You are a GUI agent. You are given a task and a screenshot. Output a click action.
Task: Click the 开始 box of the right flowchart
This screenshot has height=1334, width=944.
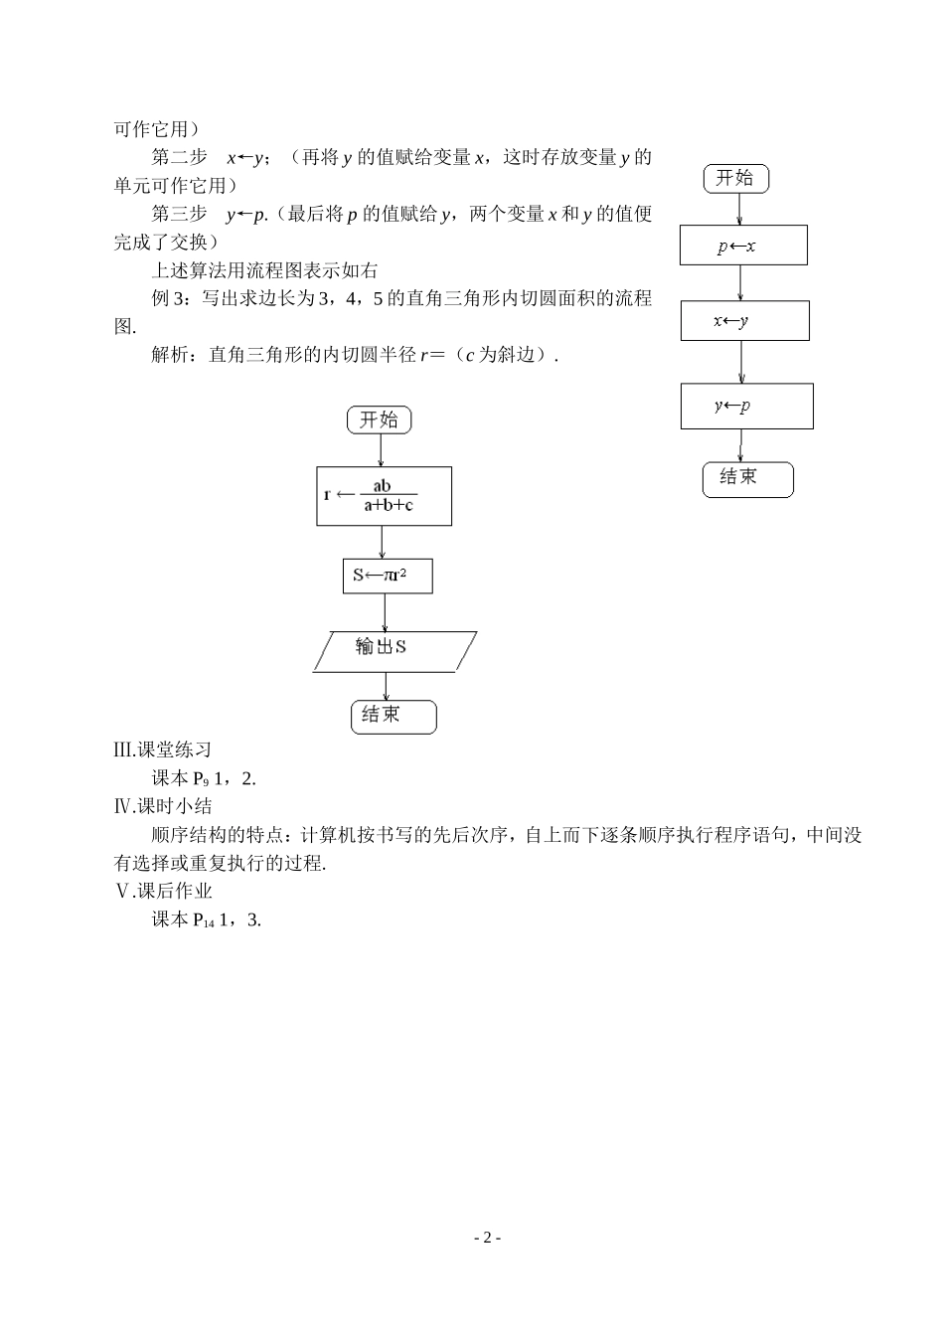pos(735,179)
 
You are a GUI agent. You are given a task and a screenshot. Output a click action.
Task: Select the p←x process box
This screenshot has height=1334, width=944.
pos(743,246)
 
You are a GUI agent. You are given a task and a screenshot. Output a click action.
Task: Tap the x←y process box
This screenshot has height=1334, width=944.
pos(744,321)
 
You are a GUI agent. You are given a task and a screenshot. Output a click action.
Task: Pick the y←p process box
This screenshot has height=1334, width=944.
pos(746,406)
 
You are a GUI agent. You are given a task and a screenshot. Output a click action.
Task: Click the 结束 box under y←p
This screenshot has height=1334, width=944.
pos(747,478)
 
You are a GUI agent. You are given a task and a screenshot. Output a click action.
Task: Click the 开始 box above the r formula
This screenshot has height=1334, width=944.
pos(379,419)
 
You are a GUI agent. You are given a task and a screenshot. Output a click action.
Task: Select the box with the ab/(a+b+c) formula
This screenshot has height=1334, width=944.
pos(385,496)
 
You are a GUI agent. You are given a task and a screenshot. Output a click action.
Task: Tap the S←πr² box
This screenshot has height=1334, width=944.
pos(388,576)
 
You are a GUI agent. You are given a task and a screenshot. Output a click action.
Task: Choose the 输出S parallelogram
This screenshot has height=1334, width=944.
pos(393,651)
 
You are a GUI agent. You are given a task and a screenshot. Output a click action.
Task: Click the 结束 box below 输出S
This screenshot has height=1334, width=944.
pos(393,716)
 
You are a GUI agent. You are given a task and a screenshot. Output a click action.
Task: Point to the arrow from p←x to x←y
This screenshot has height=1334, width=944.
pos(741,283)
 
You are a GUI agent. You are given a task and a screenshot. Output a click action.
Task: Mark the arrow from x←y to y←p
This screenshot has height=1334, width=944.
pos(742,362)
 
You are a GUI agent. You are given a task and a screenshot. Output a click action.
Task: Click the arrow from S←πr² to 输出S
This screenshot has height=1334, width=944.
pos(386,612)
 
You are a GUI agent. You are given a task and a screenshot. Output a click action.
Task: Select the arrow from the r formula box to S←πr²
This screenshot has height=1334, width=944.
pos(384,542)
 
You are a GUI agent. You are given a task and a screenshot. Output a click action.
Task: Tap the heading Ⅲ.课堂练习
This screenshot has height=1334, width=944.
pos(163,750)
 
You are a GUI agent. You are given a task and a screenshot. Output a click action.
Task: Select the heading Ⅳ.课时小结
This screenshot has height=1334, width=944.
pos(163,806)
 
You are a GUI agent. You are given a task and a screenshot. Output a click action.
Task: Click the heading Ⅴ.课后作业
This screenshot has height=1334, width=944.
pos(163,891)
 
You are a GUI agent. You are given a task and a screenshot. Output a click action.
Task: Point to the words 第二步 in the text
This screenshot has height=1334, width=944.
pos(179,157)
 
